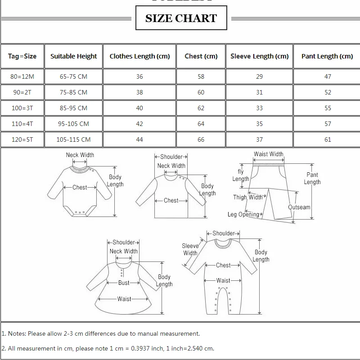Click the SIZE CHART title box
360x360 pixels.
point(181,18)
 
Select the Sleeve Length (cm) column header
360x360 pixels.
point(259,56)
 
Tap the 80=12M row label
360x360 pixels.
point(22,76)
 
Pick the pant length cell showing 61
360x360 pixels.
point(328,139)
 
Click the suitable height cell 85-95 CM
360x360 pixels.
point(73,108)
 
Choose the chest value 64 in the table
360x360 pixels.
point(201,124)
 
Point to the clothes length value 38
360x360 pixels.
point(139,92)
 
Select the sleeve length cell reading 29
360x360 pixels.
point(259,76)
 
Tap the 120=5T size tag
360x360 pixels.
point(22,139)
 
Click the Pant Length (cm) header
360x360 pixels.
point(327,56)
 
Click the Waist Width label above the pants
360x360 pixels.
point(269,154)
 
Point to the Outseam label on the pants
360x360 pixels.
point(299,207)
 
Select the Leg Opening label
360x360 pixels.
point(243,215)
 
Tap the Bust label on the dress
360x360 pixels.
point(124,283)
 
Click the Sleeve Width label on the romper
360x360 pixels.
point(190,249)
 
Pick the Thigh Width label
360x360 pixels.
point(247,197)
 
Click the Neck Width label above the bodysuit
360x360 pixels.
point(80,155)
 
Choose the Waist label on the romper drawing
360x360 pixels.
point(223,280)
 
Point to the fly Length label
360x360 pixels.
point(241,175)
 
